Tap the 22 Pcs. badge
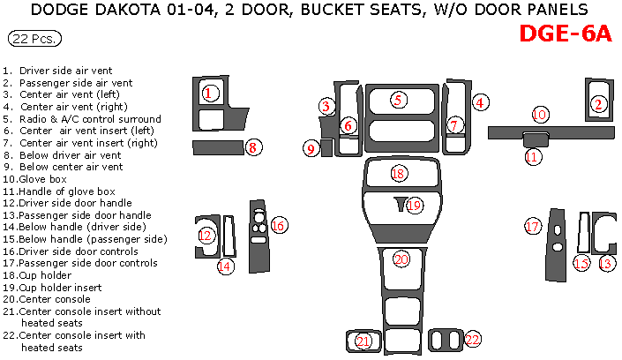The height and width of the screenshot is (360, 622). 34,40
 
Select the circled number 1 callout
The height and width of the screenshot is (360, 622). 208,92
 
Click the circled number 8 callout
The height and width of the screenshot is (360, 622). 252,147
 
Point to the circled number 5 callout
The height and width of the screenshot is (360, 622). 399,100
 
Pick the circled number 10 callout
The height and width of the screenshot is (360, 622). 540,115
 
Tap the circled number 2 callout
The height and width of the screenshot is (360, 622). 598,105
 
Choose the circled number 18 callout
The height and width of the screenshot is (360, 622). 399,174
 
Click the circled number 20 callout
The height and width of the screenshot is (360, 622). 401,259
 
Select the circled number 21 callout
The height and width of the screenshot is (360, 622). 363,341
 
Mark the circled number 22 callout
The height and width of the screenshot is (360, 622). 472,340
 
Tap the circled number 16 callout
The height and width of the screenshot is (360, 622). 278,226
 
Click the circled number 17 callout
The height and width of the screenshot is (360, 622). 532,227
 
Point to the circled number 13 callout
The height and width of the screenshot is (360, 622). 606,263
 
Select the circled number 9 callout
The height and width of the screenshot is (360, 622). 311,149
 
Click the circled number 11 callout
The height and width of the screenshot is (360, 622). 532,157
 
